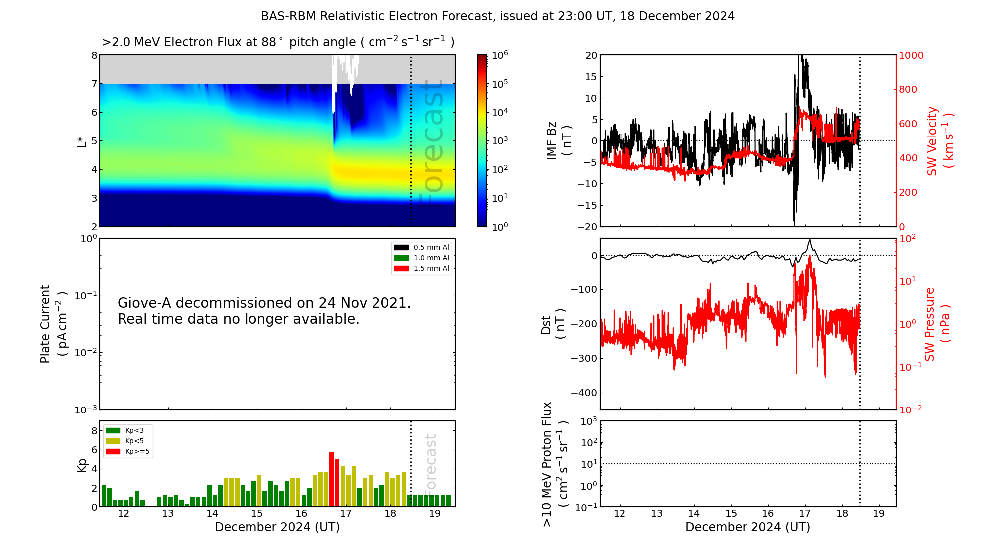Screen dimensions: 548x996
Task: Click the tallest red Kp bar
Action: [x=331, y=479]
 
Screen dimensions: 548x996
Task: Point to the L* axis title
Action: [x=82, y=140]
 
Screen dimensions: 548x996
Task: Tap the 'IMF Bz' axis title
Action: [x=552, y=140]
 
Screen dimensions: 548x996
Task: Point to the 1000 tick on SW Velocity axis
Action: [x=911, y=55]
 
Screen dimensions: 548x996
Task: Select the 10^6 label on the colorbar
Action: [x=499, y=55]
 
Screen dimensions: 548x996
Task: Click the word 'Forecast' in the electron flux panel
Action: [x=432, y=142]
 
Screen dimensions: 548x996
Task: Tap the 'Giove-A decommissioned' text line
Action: [x=264, y=303]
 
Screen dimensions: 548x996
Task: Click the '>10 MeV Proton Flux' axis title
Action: [x=547, y=464]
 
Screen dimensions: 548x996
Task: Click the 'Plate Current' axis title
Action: [x=45, y=324]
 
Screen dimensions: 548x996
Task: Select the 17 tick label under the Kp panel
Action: [x=346, y=514]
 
